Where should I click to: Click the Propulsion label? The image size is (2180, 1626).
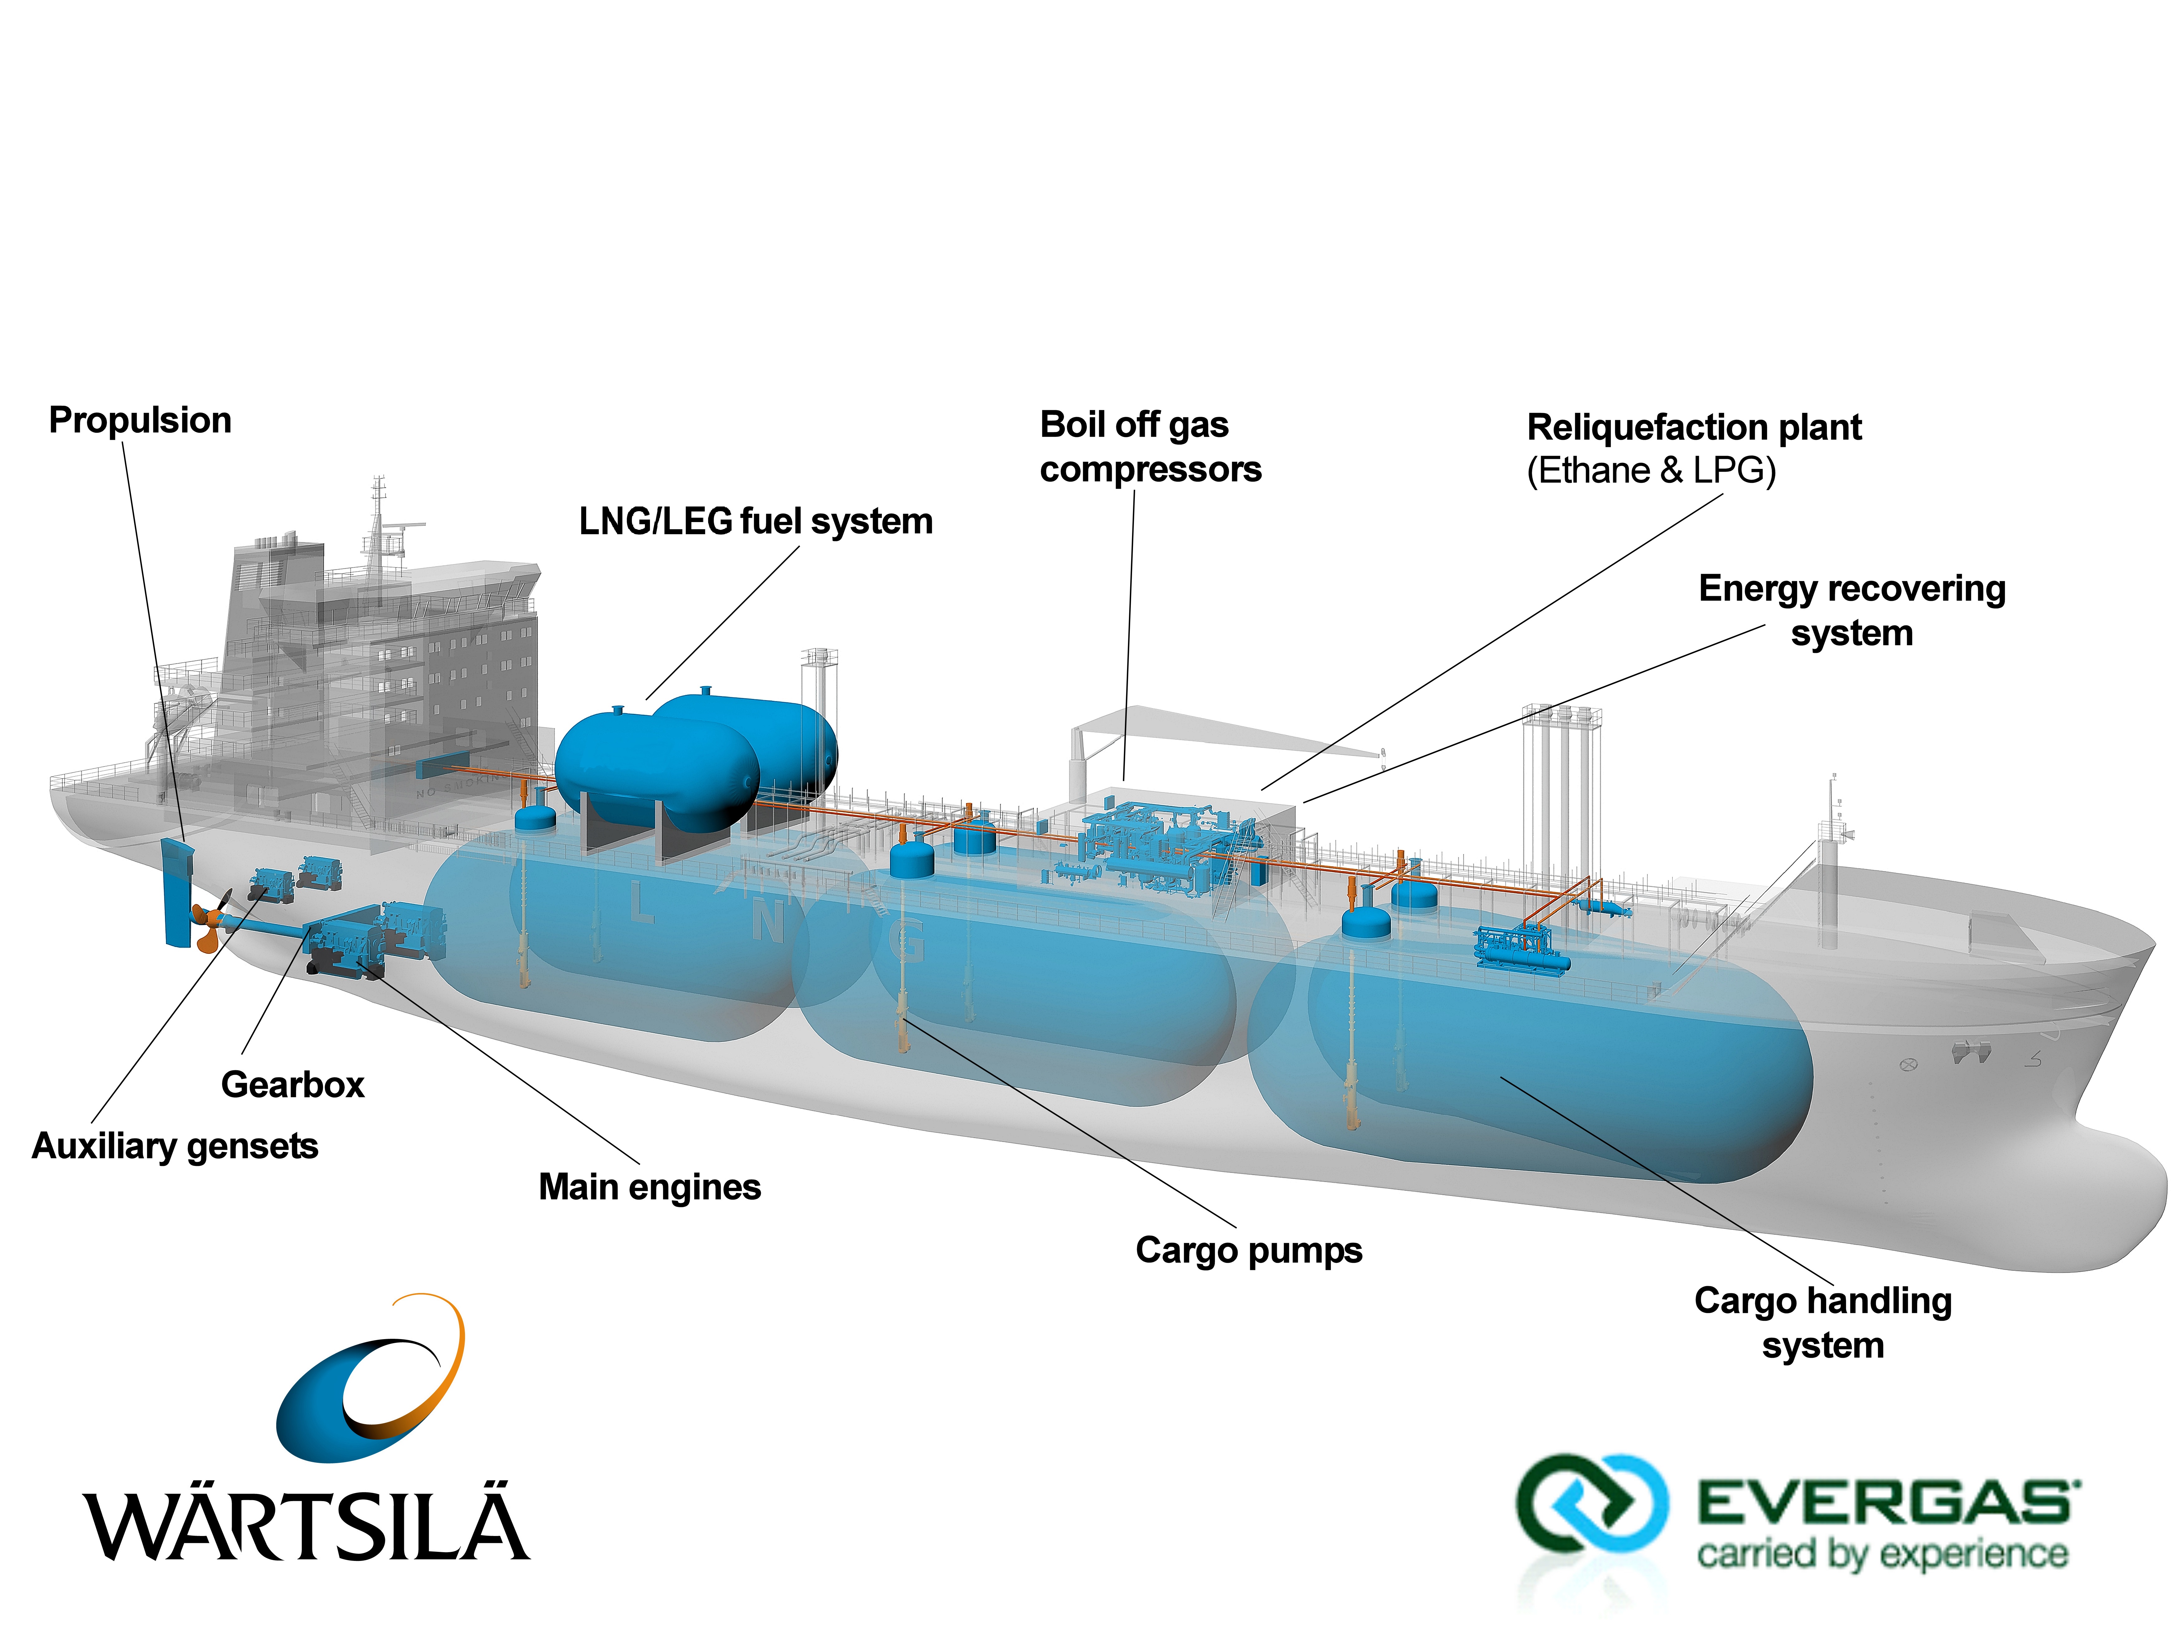click(140, 420)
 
